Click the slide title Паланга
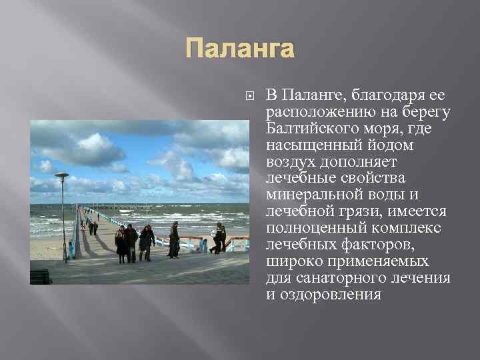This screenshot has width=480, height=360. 239,49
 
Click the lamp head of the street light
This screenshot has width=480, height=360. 62,175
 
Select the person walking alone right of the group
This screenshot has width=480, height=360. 174,240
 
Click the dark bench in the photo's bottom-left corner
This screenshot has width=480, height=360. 41,276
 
